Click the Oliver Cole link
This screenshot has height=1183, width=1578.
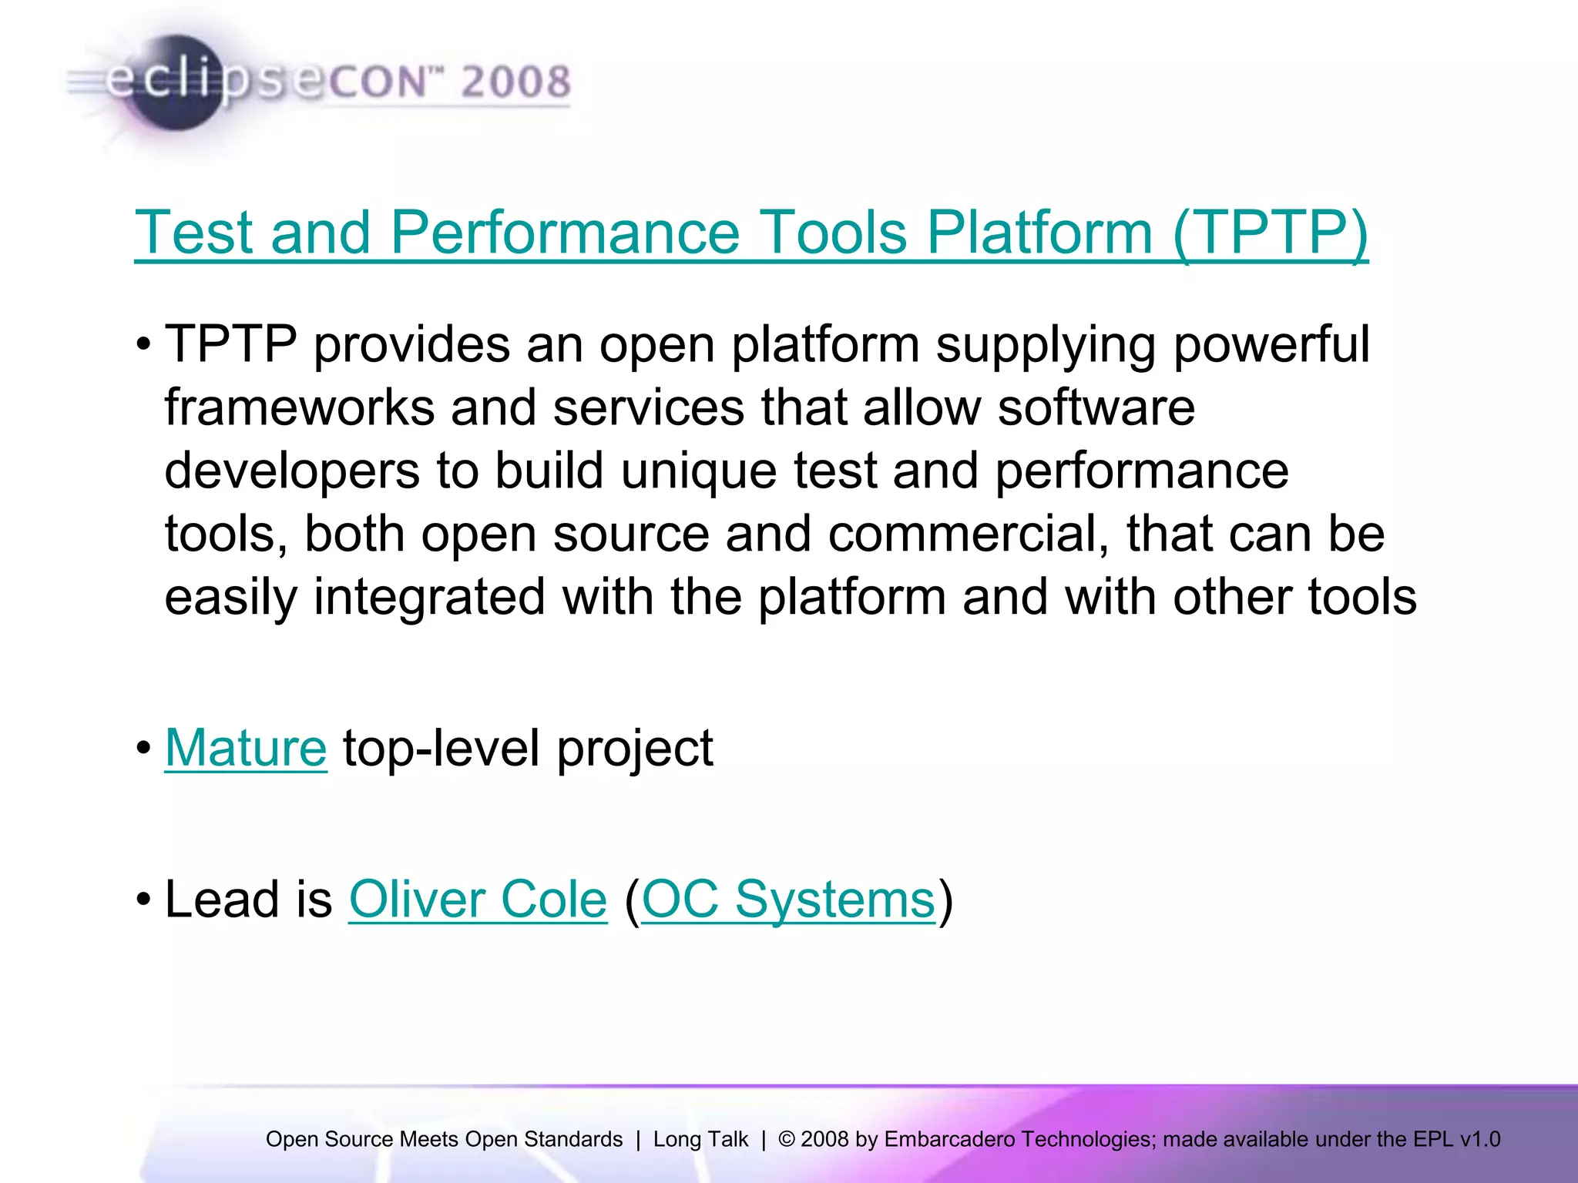pyautogui.click(x=478, y=900)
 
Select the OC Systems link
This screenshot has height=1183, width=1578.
pyautogui.click(x=787, y=900)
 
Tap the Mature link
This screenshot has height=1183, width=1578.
pyautogui.click(x=246, y=748)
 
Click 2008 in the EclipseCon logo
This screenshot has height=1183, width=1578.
pyautogui.click(x=515, y=82)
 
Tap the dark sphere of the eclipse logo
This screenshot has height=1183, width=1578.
pyautogui.click(x=176, y=83)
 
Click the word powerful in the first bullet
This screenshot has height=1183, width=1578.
pyautogui.click(x=1271, y=344)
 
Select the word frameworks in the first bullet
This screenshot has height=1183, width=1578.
pyautogui.click(x=299, y=407)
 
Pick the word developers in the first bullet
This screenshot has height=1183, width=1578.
pyautogui.click(x=292, y=471)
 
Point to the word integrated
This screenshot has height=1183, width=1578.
pyautogui.click(x=429, y=597)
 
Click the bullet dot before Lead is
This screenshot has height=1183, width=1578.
pyautogui.click(x=143, y=900)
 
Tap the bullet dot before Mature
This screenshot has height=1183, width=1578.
pyautogui.click(x=143, y=748)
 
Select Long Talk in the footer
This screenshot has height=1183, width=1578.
pyautogui.click(x=700, y=1139)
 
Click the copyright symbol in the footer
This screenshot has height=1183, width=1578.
pyautogui.click(x=786, y=1139)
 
